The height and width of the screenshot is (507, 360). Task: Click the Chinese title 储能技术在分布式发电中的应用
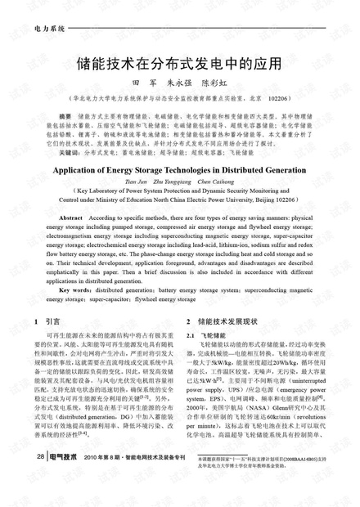point(179,61)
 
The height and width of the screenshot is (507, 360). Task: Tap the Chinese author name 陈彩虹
point(219,83)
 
